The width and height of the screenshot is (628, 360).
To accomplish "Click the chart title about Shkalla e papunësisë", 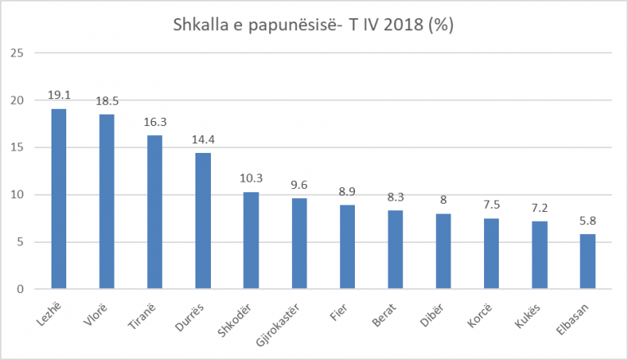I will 313,25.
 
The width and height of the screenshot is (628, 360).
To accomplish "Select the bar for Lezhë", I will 59,199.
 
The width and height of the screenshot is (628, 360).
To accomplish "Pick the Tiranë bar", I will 155,212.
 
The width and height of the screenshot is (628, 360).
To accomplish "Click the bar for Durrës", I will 204,221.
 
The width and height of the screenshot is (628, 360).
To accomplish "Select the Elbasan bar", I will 588,261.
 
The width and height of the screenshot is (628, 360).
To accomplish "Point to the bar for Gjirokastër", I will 300,244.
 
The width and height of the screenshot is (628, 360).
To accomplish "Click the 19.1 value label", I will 59,95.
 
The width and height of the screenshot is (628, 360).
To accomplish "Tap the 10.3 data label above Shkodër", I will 252,178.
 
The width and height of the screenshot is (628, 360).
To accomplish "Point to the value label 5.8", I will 588,221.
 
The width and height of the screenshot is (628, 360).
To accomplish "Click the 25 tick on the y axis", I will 18,53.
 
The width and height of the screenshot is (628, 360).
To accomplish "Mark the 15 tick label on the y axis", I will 18,147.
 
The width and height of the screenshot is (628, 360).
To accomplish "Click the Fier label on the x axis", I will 343,309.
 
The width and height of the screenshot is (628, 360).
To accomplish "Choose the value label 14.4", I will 204,138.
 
